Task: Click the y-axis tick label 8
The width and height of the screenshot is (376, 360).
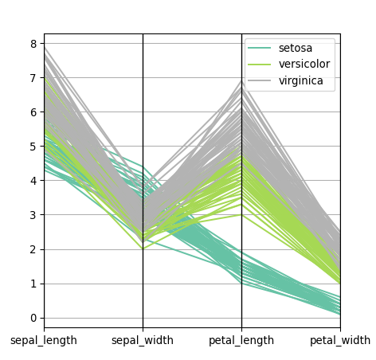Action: click(x=33, y=44)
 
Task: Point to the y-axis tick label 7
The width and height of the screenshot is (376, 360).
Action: click(x=33, y=78)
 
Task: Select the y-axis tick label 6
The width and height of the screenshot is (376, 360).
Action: click(x=33, y=112)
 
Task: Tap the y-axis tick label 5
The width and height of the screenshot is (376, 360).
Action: click(x=33, y=147)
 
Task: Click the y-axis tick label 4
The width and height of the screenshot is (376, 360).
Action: click(x=33, y=181)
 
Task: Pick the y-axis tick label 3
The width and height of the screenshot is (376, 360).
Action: click(x=33, y=215)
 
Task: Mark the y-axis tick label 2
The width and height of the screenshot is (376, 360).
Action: click(x=33, y=249)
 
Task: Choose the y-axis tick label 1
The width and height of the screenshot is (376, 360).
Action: click(x=33, y=284)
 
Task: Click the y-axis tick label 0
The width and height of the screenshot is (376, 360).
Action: click(x=33, y=318)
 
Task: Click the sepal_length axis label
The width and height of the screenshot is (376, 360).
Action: click(x=44, y=341)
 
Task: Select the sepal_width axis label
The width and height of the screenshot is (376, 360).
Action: click(x=143, y=341)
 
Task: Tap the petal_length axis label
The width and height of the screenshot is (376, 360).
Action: click(x=241, y=341)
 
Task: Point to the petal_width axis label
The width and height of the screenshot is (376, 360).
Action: click(x=340, y=341)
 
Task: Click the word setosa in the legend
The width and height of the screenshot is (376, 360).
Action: click(x=296, y=49)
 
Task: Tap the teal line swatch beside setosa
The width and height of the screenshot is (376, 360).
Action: click(x=261, y=49)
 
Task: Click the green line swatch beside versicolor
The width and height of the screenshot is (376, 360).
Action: click(x=261, y=65)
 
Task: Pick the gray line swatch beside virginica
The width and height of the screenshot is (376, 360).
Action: click(x=261, y=80)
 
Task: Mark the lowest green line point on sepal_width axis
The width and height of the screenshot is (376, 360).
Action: click(x=143, y=249)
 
